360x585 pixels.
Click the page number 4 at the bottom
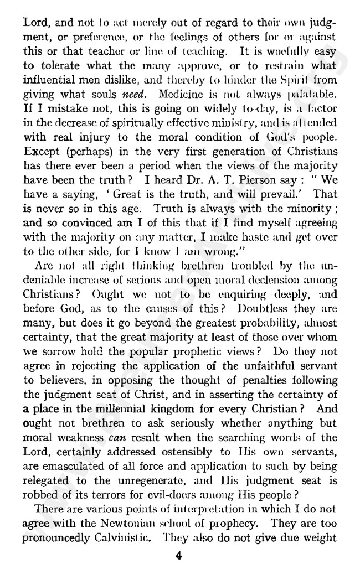point(179,557)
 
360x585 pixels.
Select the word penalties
point(268,379)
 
